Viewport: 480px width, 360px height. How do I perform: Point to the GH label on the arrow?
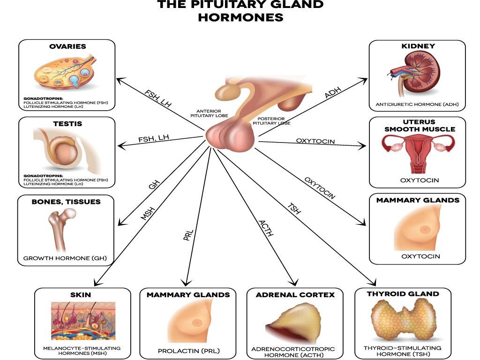coord(153,184)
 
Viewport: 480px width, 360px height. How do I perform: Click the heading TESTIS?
coord(67,124)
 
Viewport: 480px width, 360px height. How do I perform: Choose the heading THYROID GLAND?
coord(403,294)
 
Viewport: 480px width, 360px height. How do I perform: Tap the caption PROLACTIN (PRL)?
coord(188,351)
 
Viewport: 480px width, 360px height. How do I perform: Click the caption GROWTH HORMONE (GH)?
coord(66,258)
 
